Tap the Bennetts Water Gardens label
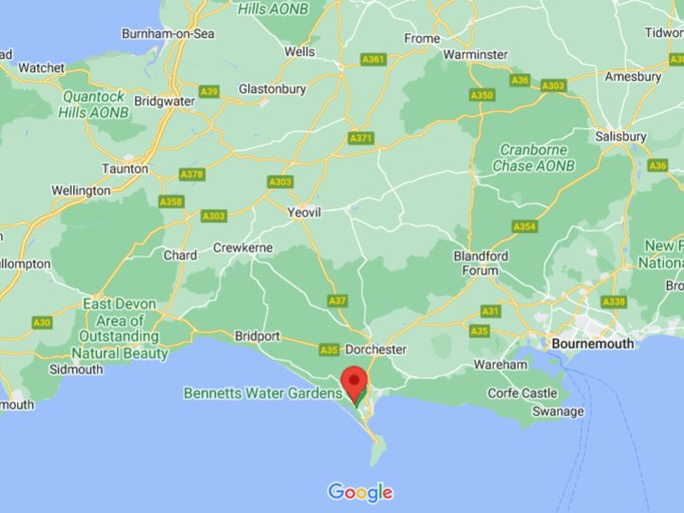[x=261, y=392]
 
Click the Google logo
[x=360, y=492]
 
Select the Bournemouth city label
[x=598, y=342]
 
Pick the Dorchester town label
[x=375, y=349]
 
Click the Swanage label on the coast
[x=558, y=411]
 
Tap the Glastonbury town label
[x=272, y=88]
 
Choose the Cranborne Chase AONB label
[x=534, y=158]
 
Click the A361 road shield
[x=373, y=60]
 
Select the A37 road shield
[x=337, y=300]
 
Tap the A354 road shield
[x=524, y=226]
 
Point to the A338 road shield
[x=614, y=301]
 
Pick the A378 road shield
[x=192, y=175]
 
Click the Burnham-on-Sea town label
[x=168, y=33]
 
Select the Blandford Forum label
[x=481, y=263]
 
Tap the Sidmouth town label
[x=76, y=369]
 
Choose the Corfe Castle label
[x=522, y=392]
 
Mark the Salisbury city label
[x=620, y=136]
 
